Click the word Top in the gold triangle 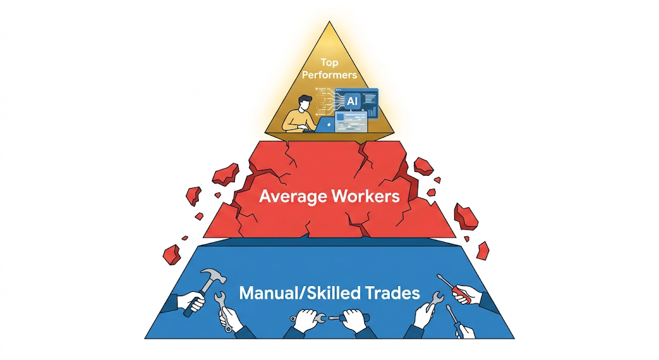pos(329,62)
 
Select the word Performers pos(329,75)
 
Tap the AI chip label pos(352,101)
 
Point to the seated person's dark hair pos(304,101)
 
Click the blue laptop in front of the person pos(325,125)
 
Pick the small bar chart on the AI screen pos(371,111)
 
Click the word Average pos(293,196)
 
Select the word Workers pos(366,196)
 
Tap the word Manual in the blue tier pos(271,293)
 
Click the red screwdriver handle pos(461,294)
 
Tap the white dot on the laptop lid pos(329,125)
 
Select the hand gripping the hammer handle pos(191,301)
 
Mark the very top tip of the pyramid pos(329,21)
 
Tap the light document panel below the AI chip pos(351,121)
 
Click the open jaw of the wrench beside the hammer pos(219,296)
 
